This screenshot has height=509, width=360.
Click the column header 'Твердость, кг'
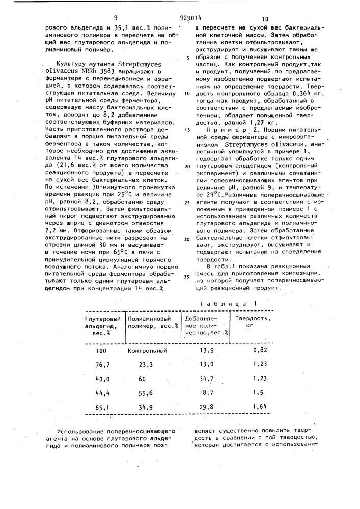(x=252, y=322)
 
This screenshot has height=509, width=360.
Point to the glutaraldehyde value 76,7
(x=103, y=365)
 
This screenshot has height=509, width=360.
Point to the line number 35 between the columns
(x=186, y=277)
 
